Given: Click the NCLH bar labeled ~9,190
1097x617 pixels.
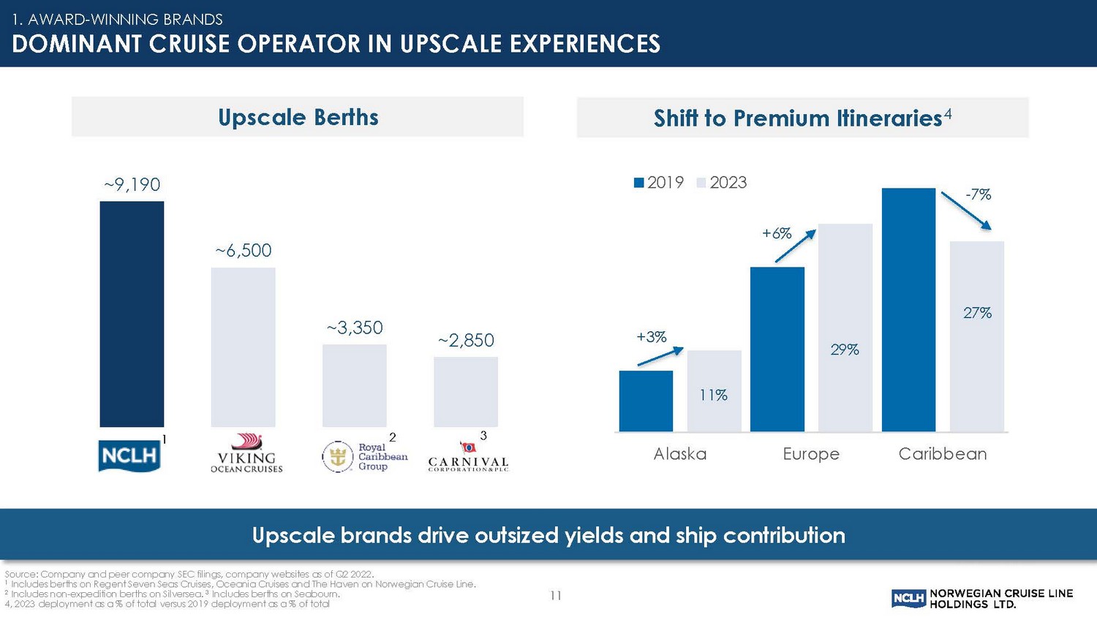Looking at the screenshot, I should tap(132, 314).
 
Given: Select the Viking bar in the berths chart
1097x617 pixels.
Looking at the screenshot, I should tap(243, 347).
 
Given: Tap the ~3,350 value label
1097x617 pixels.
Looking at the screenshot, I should tap(355, 328).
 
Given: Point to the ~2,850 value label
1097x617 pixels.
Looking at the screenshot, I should tap(466, 340).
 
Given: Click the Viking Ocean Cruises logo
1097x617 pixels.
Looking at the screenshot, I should tap(246, 453).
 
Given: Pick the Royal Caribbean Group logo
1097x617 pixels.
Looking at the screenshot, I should tap(365, 457).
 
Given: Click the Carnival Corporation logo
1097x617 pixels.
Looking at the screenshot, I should tap(468, 457).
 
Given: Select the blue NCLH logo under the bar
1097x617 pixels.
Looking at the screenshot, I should tap(129, 455).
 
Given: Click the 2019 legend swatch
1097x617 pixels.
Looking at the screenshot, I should tap(639, 183).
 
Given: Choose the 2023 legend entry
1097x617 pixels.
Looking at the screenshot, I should tap(721, 183).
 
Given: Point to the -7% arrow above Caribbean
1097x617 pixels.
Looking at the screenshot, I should tap(965, 211).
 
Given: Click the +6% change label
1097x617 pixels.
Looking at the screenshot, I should tap(777, 233).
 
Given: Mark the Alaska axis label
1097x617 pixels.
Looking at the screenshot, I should tap(680, 454).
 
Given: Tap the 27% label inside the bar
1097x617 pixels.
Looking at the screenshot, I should tap(977, 313).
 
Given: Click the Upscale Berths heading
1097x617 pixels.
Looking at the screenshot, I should tap(298, 117).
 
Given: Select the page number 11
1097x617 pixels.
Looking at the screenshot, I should tap(556, 596).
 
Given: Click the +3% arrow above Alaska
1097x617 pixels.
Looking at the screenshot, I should tap(660, 356).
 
